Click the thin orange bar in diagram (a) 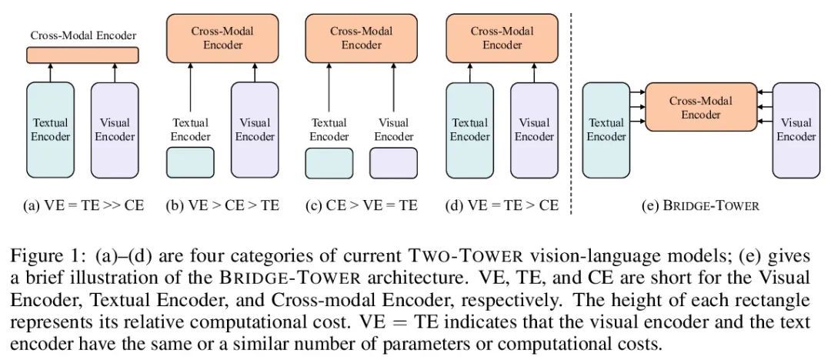coord(83,55)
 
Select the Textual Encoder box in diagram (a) coord(51,129)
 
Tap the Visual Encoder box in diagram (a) coord(115,129)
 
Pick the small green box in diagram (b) coord(190,163)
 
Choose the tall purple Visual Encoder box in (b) coord(255,129)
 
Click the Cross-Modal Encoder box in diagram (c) coord(361,38)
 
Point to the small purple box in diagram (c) coord(393,163)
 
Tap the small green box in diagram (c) coord(329,163)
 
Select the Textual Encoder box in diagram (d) coord(469,129)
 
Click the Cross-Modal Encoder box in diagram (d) coord(502,38)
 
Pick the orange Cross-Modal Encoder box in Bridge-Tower coord(700,108)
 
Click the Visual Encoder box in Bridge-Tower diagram coord(796,129)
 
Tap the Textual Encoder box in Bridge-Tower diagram coord(606,129)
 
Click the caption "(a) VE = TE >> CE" coord(83,206)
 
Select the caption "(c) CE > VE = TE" coord(362,206)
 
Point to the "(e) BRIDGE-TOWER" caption coord(700,206)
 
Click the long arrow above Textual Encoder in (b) coord(190,88)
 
